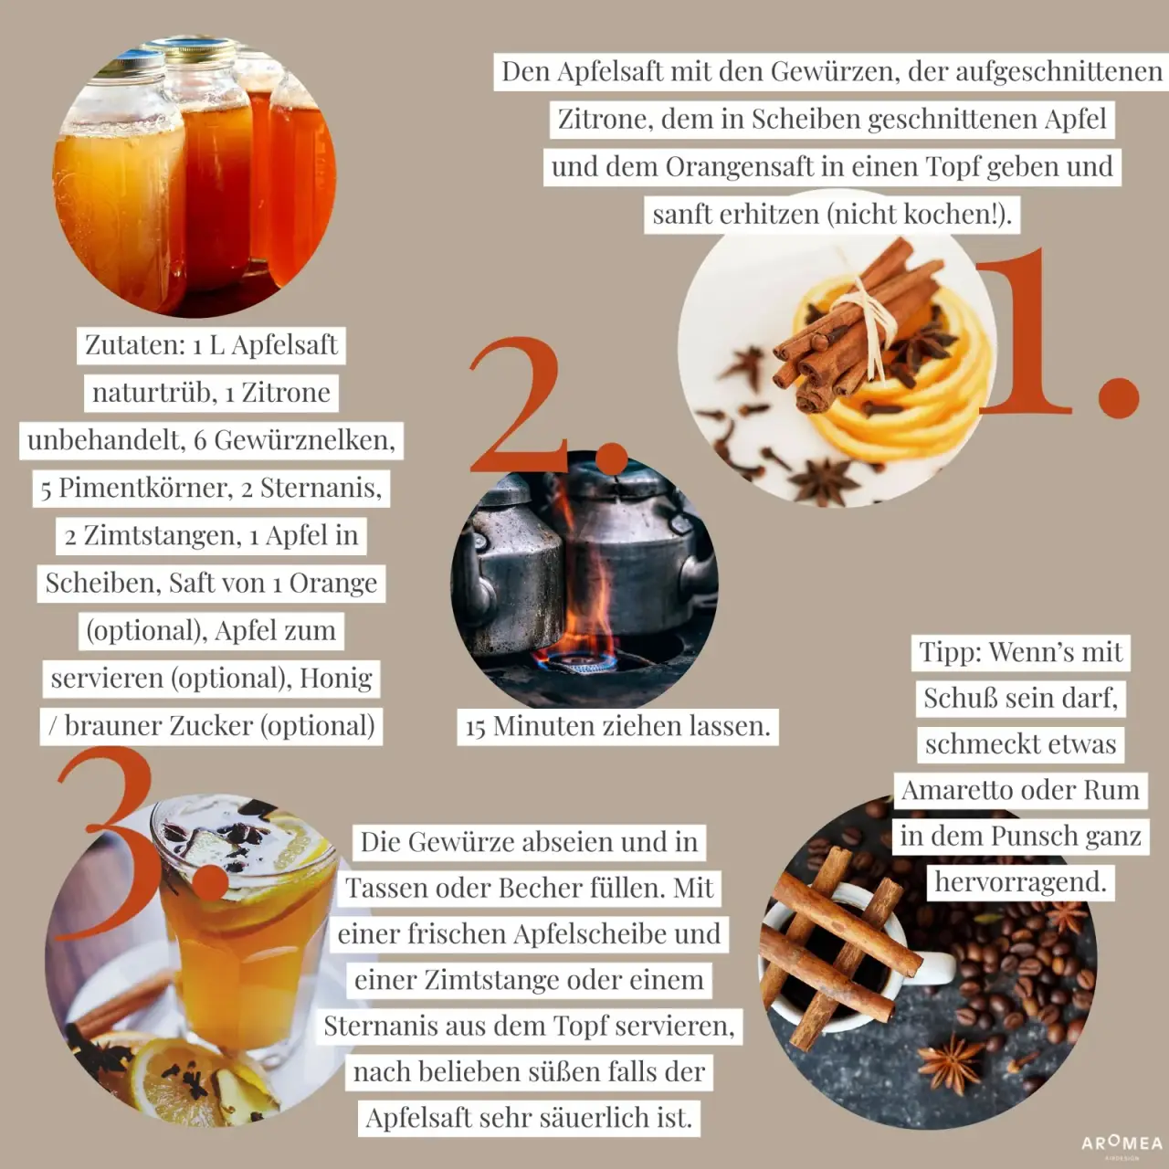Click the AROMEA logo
(1122, 1144)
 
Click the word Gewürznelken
(304, 440)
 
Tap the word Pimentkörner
(142, 488)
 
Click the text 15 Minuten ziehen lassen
(617, 726)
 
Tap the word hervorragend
(1020, 882)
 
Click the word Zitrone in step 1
(605, 119)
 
